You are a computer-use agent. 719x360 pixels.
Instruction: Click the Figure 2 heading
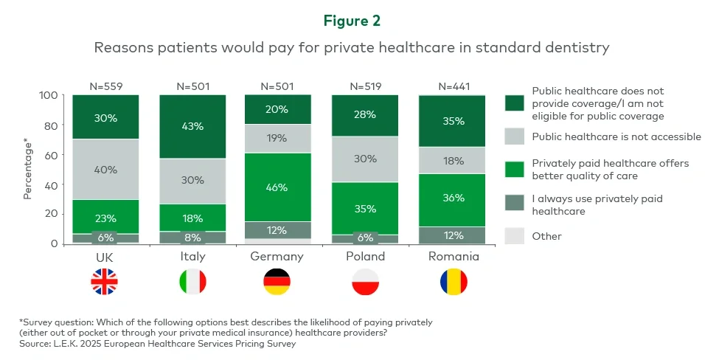click(359, 20)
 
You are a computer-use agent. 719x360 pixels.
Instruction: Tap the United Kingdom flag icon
click(105, 282)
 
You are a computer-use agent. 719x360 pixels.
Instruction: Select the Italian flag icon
click(192, 282)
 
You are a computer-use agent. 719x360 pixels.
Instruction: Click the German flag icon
click(277, 282)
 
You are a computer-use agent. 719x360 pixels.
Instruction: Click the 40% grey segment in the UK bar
click(105, 169)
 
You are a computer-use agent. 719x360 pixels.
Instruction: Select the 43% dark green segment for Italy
click(192, 127)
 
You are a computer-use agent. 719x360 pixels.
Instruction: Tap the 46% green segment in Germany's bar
click(277, 187)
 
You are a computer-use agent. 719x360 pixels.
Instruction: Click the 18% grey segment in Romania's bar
click(454, 160)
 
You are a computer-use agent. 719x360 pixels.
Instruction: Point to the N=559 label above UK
click(105, 86)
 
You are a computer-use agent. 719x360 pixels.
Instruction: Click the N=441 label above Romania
click(454, 86)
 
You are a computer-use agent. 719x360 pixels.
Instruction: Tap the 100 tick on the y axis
click(48, 96)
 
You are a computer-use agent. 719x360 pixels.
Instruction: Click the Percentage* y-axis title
click(27, 169)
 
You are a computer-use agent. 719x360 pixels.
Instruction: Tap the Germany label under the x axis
click(277, 257)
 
